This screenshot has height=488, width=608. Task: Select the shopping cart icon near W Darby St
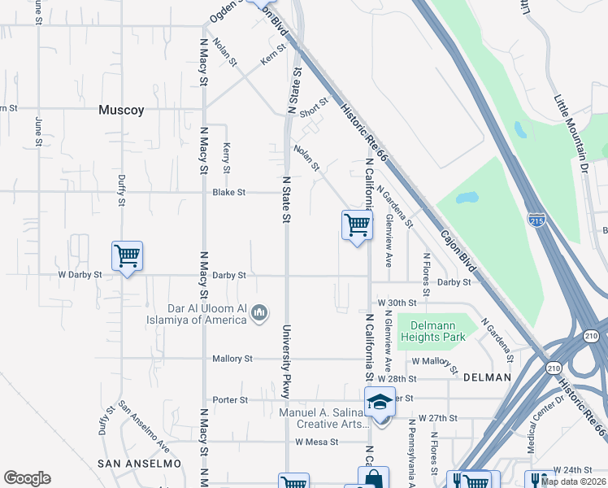pos(127,256)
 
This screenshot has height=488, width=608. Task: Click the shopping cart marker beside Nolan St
pos(357,224)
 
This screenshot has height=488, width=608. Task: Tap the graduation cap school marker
pos(380,401)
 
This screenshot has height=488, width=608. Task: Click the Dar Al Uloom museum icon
pos(260,312)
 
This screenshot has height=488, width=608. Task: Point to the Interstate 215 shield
pos(536,220)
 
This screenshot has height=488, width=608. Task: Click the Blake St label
pos(228,193)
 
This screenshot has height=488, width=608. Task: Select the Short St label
pos(313,107)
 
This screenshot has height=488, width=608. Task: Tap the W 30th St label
pos(396,302)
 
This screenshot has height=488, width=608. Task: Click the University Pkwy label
pos(286,361)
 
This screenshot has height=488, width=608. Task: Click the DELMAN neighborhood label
pos(487,377)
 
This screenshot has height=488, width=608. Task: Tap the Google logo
pos(27,478)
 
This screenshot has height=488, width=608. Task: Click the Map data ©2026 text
pos(572,481)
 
